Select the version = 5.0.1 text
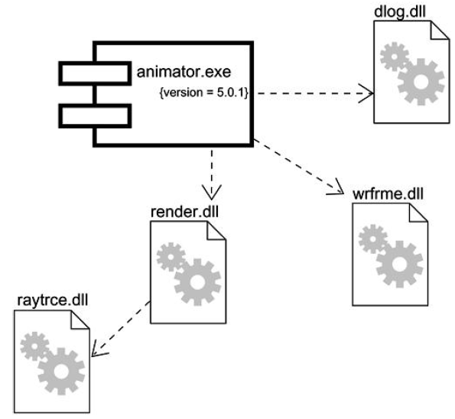tap(206, 93)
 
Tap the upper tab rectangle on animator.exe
tap(94, 73)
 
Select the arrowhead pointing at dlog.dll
tap(369, 94)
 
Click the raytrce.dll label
tap(50, 297)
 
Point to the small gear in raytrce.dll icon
tap(35, 346)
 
